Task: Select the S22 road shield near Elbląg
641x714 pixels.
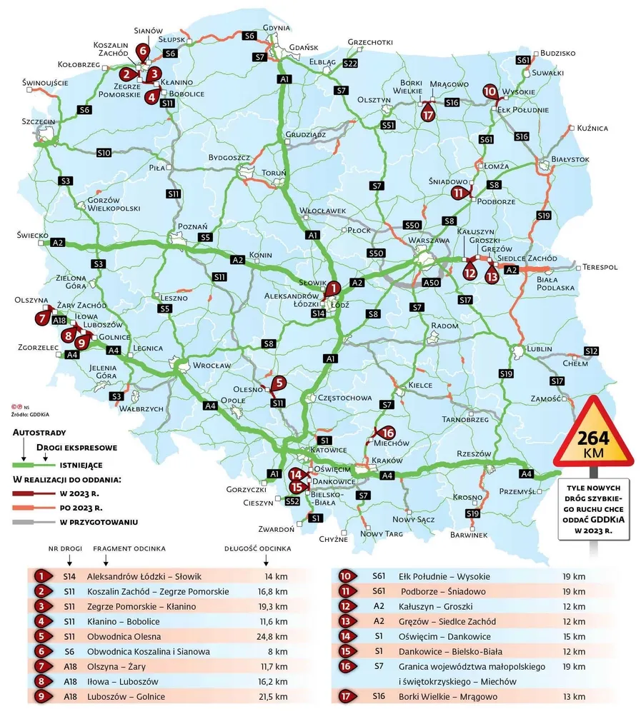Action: coord(349,64)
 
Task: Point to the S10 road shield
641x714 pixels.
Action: coord(104,153)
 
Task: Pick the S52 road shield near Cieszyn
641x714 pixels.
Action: coord(292,502)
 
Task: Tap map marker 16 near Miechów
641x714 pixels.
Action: coord(387,433)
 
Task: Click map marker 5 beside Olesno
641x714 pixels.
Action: coord(279,383)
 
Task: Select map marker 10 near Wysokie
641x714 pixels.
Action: coord(490,91)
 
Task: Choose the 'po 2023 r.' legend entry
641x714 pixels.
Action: coord(81,508)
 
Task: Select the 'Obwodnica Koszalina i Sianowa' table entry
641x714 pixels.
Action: coord(148,651)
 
